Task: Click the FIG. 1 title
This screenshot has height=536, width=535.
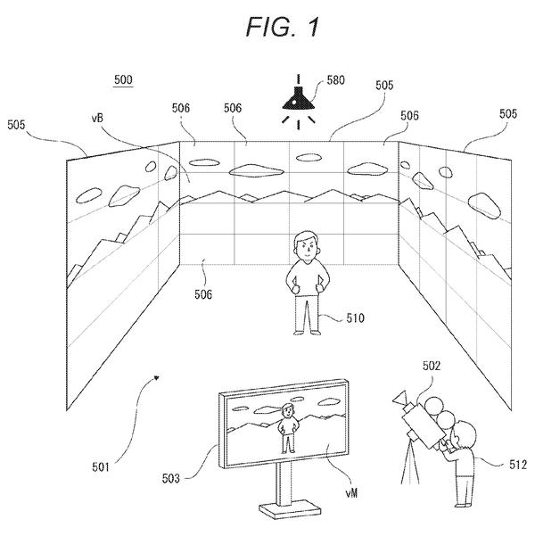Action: [283, 27]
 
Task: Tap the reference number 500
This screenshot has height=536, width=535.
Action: [123, 79]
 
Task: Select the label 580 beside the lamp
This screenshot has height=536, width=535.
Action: [335, 80]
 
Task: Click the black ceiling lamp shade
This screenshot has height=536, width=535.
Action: [298, 98]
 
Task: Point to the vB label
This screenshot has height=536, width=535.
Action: [97, 119]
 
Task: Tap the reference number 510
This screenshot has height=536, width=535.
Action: [355, 318]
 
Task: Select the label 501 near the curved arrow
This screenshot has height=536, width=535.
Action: [101, 467]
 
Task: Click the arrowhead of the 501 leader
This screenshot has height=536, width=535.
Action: [157, 378]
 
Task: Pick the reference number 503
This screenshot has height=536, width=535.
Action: [170, 478]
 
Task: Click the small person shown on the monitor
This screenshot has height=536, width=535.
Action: [287, 427]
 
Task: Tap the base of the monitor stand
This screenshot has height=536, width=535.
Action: [290, 511]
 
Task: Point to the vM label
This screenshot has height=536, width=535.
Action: [351, 492]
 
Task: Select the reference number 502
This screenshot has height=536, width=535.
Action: [431, 366]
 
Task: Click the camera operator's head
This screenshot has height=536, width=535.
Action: [465, 434]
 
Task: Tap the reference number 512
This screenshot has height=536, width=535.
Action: [517, 465]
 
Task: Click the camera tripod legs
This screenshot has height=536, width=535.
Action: [410, 462]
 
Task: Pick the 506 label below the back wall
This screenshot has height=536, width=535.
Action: [203, 294]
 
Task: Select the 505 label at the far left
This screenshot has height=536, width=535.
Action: [16, 125]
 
